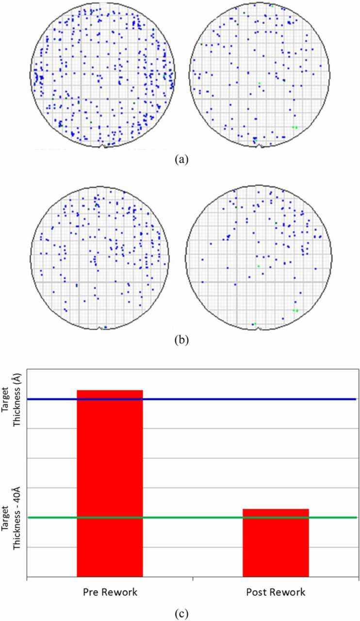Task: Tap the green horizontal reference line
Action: click(194, 518)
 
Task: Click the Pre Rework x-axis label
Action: click(110, 592)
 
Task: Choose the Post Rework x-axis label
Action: click(276, 592)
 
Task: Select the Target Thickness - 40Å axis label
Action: click(10, 517)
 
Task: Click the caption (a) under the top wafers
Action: click(180, 159)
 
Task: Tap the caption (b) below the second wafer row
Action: click(180, 340)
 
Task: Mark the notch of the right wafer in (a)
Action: click(260, 146)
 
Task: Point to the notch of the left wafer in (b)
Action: click(101, 328)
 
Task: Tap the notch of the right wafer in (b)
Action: click(259, 328)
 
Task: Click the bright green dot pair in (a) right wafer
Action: click(295, 127)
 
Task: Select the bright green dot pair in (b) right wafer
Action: click(295, 310)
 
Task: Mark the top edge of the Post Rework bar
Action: click(276, 509)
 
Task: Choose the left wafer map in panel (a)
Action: click(102, 75)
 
